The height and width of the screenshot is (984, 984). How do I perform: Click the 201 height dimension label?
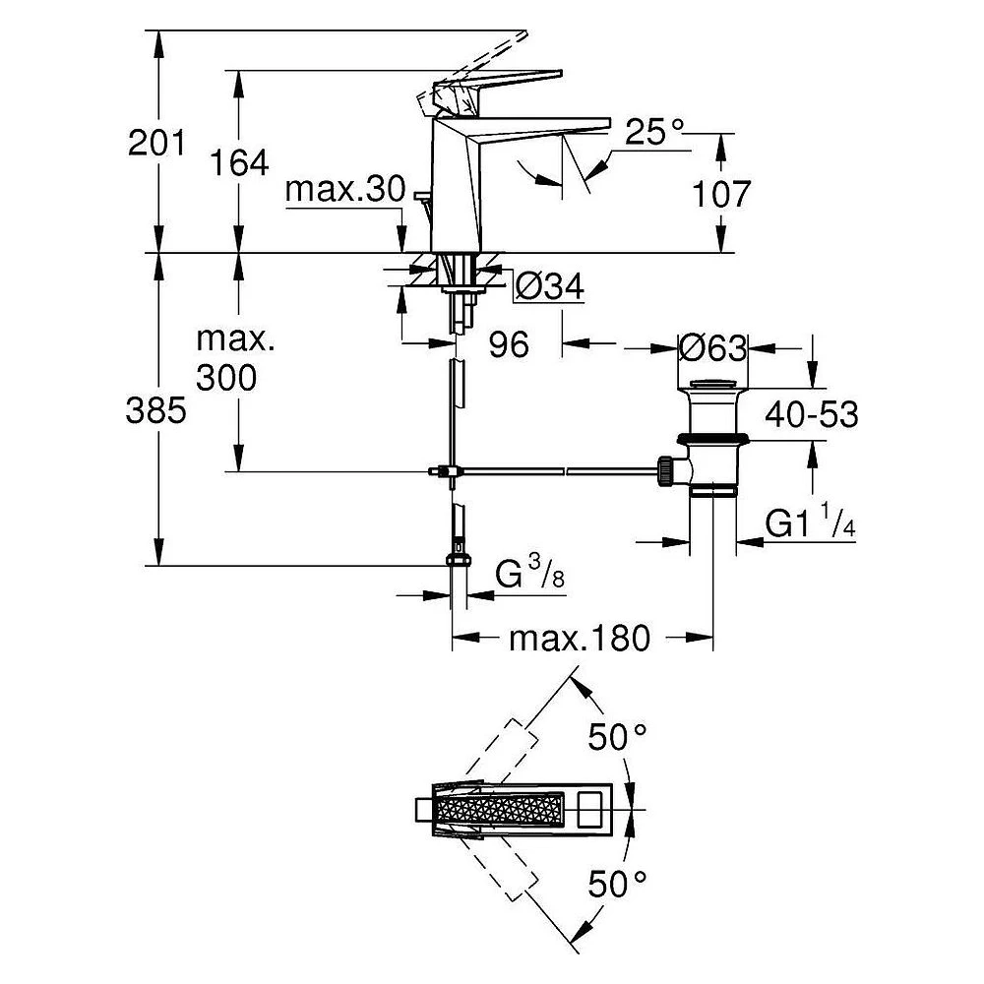click(x=156, y=143)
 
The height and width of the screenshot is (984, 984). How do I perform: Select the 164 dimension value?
click(x=238, y=163)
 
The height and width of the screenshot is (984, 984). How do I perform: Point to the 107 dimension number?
click(x=721, y=194)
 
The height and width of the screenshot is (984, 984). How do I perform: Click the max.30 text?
click(x=345, y=189)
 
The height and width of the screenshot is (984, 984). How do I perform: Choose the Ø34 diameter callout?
click(x=550, y=287)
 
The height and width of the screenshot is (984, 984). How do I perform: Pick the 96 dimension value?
click(x=509, y=343)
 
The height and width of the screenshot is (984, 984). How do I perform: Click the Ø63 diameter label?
click(x=713, y=347)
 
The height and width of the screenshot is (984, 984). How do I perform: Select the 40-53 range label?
click(x=812, y=414)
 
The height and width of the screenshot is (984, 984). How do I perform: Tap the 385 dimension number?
click(x=155, y=411)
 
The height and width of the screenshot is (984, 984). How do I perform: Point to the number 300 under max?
click(x=226, y=378)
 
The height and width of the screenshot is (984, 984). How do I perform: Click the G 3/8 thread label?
click(x=529, y=573)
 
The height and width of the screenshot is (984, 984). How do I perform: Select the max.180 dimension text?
click(x=580, y=639)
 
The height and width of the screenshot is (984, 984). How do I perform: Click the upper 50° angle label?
click(x=617, y=737)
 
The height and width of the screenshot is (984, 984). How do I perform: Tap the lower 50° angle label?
click(x=617, y=885)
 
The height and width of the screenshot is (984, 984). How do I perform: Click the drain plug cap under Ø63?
click(x=713, y=384)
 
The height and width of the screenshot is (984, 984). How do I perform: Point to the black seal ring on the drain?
click(x=712, y=438)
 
